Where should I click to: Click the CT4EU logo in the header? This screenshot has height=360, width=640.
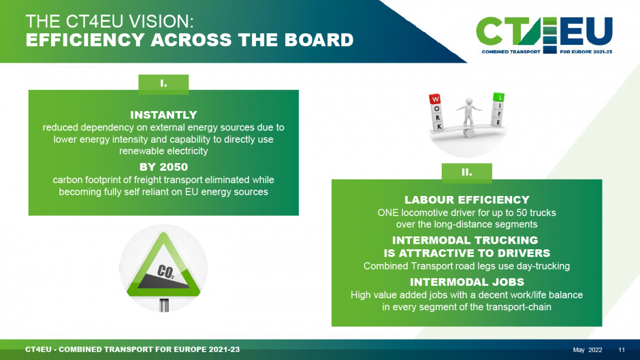pyautogui.click(x=544, y=35)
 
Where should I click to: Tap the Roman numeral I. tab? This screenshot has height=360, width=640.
pyautogui.click(x=163, y=84)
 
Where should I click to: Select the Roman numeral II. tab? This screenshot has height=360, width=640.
pyautogui.click(x=467, y=172)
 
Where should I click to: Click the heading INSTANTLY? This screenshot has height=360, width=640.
pyautogui.click(x=163, y=115)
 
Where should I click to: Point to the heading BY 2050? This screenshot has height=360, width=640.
pyautogui.click(x=164, y=167)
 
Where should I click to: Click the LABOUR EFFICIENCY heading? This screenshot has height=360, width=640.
pyautogui.click(x=467, y=200)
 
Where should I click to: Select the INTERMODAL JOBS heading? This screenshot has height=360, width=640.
pyautogui.click(x=467, y=282)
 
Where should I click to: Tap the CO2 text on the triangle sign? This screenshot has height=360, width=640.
pyautogui.click(x=165, y=271)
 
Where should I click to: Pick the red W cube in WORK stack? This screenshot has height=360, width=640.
pyautogui.click(x=435, y=99)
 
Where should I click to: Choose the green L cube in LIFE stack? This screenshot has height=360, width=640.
pyautogui.click(x=499, y=97)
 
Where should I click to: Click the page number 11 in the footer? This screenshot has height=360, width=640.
pyautogui.click(x=621, y=350)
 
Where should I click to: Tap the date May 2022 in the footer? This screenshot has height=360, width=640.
pyautogui.click(x=587, y=350)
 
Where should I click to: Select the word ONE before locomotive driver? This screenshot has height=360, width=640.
pyautogui.click(x=388, y=213)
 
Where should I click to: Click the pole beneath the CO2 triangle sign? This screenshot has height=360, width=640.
pyautogui.click(x=164, y=306)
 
